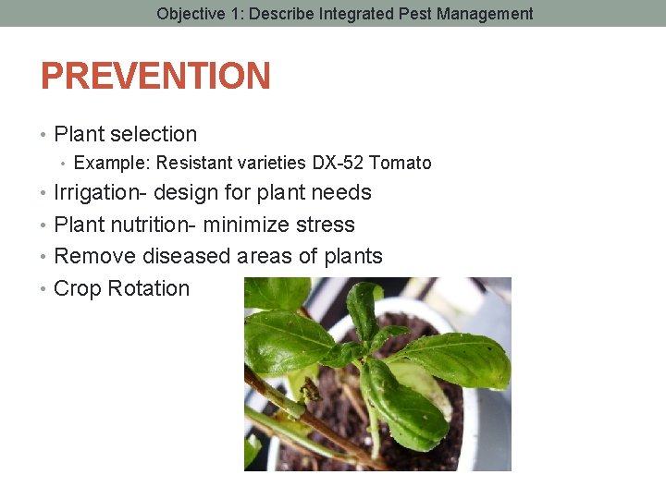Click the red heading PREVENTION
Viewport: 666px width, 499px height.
coord(155,77)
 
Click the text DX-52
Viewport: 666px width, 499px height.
coord(339,164)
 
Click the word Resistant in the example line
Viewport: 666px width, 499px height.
coord(193,164)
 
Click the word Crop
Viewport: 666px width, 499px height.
coord(78,288)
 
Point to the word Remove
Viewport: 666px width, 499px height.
coord(91,256)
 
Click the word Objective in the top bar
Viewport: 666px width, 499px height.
coord(191,14)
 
